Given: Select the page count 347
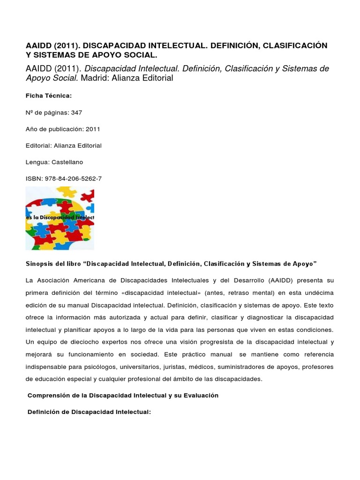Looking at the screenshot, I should point(76,112).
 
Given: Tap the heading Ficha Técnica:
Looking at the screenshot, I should point(49,96).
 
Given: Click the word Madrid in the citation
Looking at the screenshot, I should point(96,78).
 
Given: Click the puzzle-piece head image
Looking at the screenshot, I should point(60,218).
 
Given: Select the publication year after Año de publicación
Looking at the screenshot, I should point(92,129).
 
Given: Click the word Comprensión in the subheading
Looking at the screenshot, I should point(50,395).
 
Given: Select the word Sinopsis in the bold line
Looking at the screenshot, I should point(39,264).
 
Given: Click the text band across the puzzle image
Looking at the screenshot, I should point(60,217).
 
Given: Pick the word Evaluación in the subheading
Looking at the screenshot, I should point(199,395).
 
